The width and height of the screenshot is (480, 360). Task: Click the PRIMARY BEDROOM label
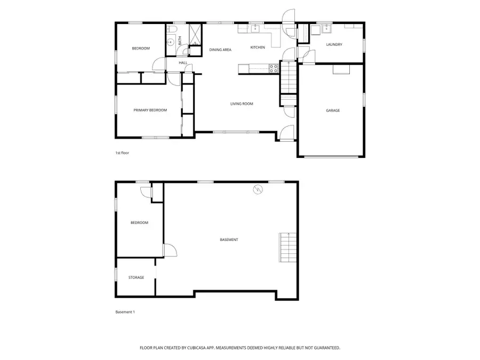tap(150, 110)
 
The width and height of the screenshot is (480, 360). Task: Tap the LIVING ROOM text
tap(242, 103)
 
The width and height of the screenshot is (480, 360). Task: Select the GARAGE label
tap(333, 110)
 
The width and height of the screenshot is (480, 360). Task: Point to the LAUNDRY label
tap(334, 44)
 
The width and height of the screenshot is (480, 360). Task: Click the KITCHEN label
tap(258, 47)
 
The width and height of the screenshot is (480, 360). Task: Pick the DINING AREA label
tap(220, 50)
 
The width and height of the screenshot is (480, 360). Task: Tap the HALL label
tap(183, 63)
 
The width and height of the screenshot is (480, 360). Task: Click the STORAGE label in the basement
tap(136, 277)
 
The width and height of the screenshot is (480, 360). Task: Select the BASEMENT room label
tap(229, 239)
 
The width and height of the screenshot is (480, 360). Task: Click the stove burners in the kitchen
tap(273, 68)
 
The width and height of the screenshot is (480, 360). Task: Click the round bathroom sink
tap(170, 42)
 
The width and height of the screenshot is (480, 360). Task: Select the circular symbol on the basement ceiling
tap(258, 189)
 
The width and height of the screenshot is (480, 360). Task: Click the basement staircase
tap(287, 248)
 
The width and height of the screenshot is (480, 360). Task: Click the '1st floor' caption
tap(122, 153)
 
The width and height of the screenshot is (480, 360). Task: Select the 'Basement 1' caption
tap(125, 311)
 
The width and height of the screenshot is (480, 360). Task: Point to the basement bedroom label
tap(139, 222)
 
